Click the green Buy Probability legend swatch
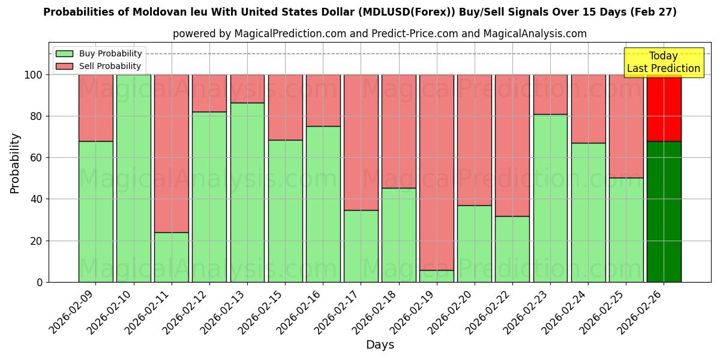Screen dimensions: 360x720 point(65,54)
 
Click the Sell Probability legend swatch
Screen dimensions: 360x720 point(65,66)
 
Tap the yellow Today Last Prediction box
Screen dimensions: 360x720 point(663,62)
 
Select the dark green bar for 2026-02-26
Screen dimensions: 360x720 point(664,211)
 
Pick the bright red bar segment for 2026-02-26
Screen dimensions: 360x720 point(664,108)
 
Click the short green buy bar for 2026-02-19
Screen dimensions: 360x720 point(436,276)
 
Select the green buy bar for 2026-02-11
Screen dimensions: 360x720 point(172,257)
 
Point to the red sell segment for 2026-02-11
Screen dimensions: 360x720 point(172,153)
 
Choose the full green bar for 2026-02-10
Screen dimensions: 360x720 point(134,178)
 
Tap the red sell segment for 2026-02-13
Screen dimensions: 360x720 point(247,89)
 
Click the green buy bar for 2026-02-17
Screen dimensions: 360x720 point(361,246)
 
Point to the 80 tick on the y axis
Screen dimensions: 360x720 point(38,116)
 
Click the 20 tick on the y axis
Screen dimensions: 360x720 point(38,241)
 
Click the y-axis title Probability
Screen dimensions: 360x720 point(16,163)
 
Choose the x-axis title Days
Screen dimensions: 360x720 point(380,345)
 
